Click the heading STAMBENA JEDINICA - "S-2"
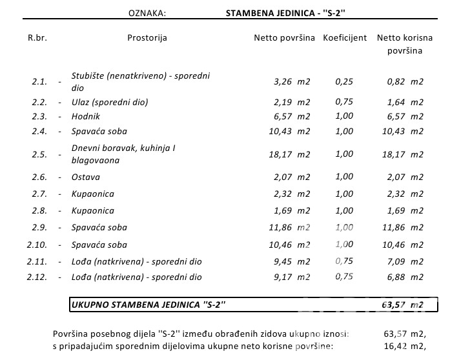tap(285, 13)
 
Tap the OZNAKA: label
tap(147, 13)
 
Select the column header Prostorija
tap(147, 38)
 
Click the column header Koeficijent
tap(345, 38)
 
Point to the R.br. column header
tap(37, 38)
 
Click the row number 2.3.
tap(39, 117)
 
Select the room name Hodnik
tap(85, 117)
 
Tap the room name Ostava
tap(85, 177)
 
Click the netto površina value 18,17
tap(280, 155)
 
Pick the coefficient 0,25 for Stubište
tap(344, 81)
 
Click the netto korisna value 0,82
tap(396, 82)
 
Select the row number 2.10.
tap(37, 245)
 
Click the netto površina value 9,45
tap(282, 261)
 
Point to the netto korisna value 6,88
tap(396, 277)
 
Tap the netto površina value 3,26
tap(282, 82)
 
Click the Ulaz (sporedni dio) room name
tap(110, 103)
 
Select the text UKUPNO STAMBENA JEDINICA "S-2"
tap(148, 305)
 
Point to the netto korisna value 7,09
tap(396, 261)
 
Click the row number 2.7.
tap(39, 194)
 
